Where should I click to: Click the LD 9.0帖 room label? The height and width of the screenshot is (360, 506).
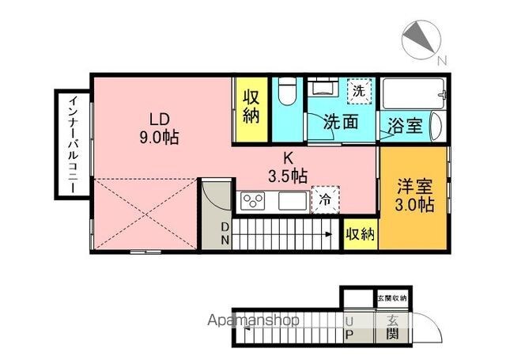click(159, 128)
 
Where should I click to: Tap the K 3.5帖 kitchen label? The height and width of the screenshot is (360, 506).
click(288, 168)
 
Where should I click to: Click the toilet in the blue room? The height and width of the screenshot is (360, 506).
click(287, 91)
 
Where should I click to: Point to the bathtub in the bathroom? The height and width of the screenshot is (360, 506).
click(413, 93)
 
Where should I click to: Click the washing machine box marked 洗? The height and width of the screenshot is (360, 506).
click(360, 91)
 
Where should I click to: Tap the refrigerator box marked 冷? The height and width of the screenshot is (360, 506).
click(325, 199)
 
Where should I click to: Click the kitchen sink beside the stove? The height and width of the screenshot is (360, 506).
click(292, 201)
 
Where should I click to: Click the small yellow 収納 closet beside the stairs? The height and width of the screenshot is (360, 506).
click(361, 234)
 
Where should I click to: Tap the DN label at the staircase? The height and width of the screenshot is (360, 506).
click(225, 233)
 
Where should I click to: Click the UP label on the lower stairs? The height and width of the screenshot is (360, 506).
click(349, 328)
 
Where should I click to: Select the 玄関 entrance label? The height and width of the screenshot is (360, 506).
click(393, 328)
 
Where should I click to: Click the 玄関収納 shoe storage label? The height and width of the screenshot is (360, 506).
click(392, 298)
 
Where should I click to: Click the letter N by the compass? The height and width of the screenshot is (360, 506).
click(442, 61)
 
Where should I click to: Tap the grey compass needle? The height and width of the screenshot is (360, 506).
click(419, 36)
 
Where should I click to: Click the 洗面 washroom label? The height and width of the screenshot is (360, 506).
click(341, 122)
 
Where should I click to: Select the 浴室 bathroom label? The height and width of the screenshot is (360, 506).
click(405, 125)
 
